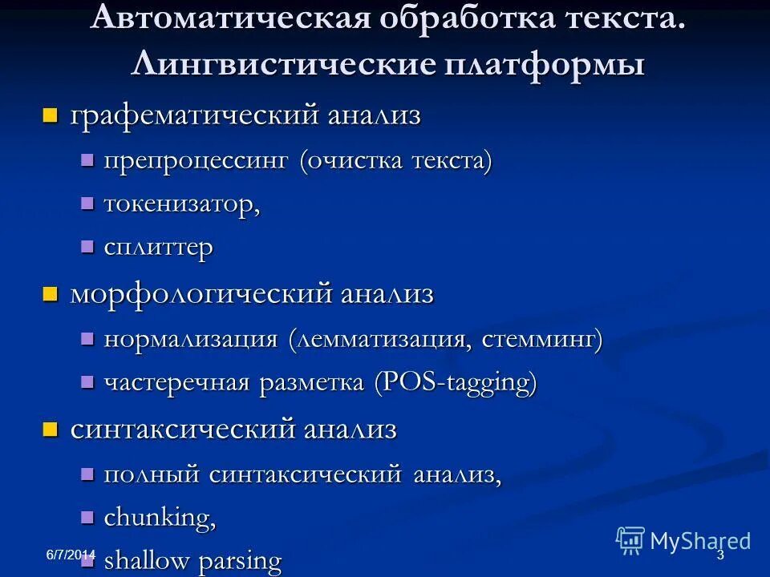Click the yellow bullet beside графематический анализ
click(x=51, y=115)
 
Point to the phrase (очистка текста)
click(x=395, y=160)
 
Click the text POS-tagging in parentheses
click(x=456, y=383)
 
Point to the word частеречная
click(x=177, y=383)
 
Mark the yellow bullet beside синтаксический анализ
click(x=51, y=430)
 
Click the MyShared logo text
click(x=699, y=541)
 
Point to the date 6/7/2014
click(x=70, y=555)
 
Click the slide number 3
click(x=719, y=555)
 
